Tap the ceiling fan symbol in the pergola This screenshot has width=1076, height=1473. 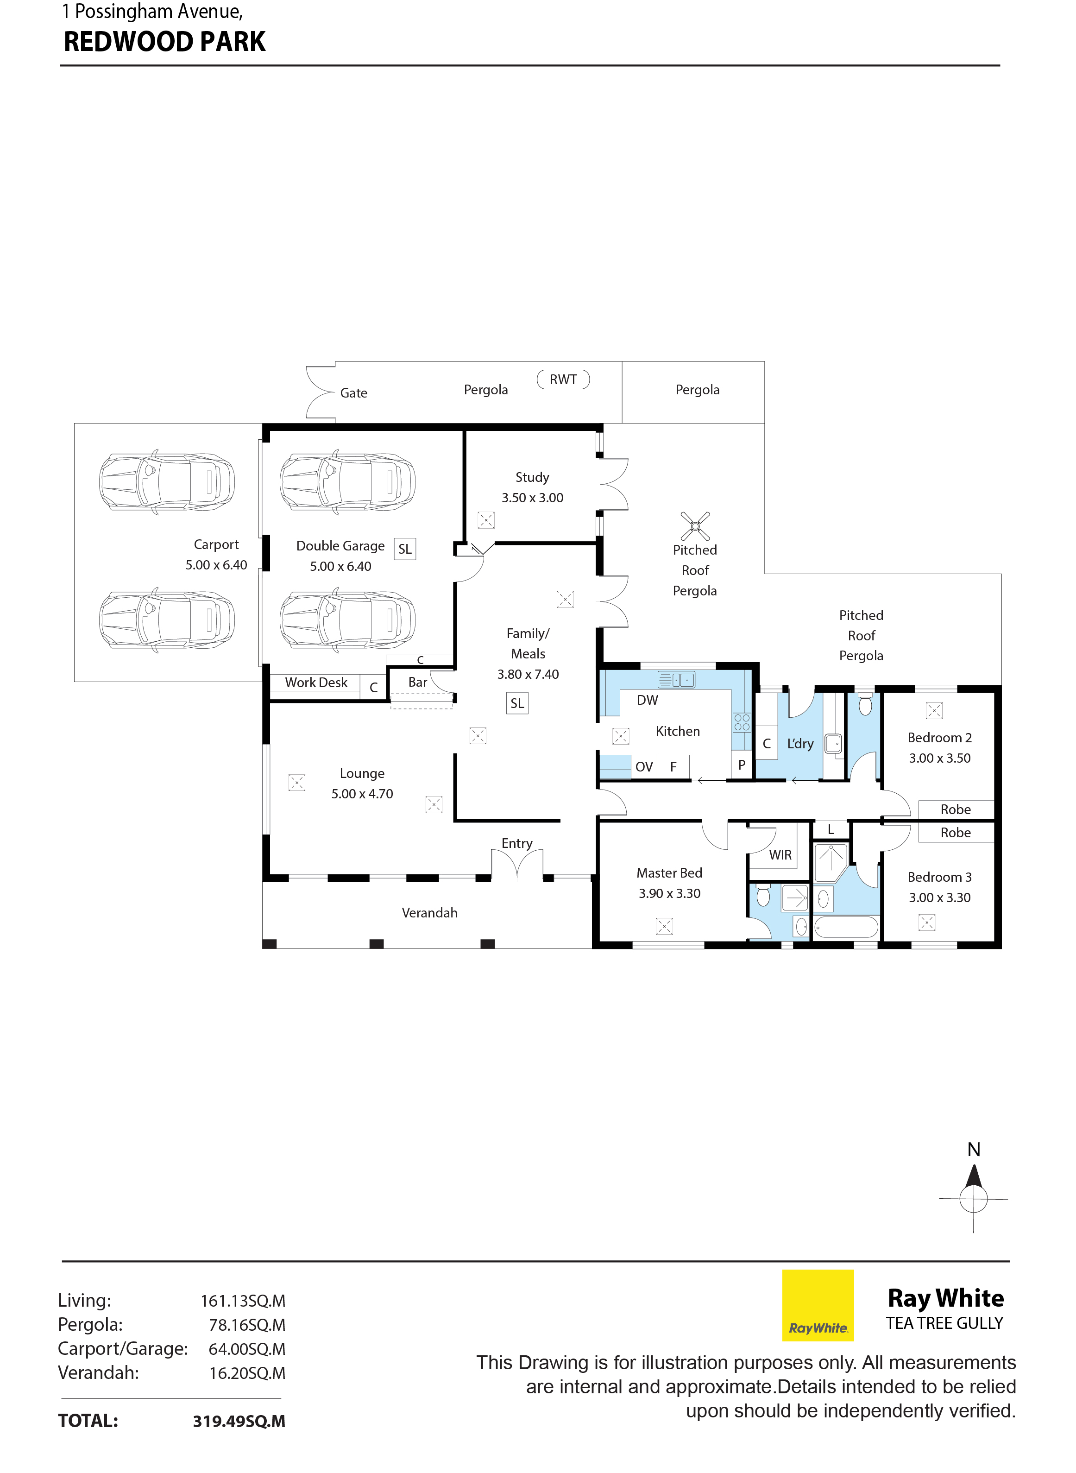click(x=695, y=526)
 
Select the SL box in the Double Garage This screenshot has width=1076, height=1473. click(x=404, y=549)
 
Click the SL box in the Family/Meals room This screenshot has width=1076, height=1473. click(x=517, y=703)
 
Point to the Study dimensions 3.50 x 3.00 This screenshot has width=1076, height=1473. click(x=532, y=498)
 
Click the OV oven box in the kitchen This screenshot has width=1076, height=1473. click(x=643, y=767)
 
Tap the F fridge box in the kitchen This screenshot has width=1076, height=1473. click(x=673, y=767)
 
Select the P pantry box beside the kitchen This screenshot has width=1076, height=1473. click(x=741, y=765)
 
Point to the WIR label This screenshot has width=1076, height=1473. click(x=780, y=855)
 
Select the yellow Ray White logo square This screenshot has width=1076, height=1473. click(x=818, y=1305)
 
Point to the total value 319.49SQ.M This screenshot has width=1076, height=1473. click(x=239, y=1421)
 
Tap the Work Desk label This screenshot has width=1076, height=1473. click(x=316, y=682)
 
